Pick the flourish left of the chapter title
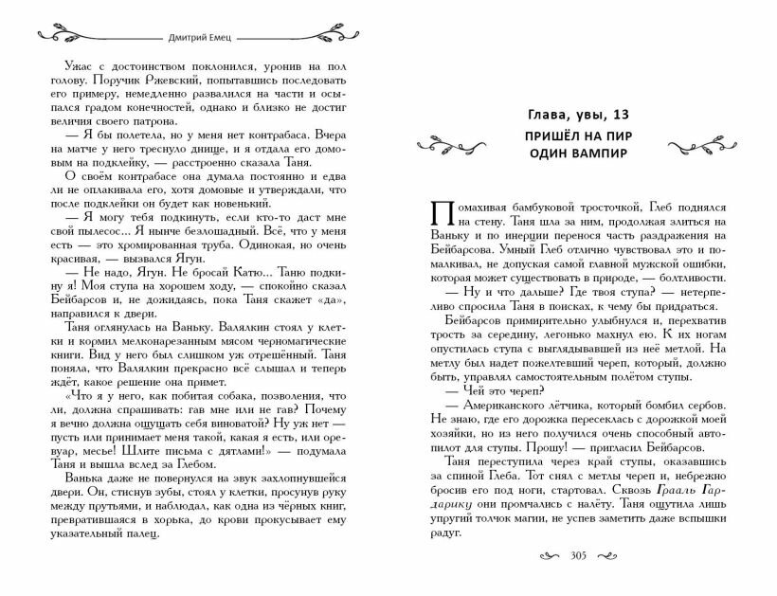[x=454, y=143]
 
